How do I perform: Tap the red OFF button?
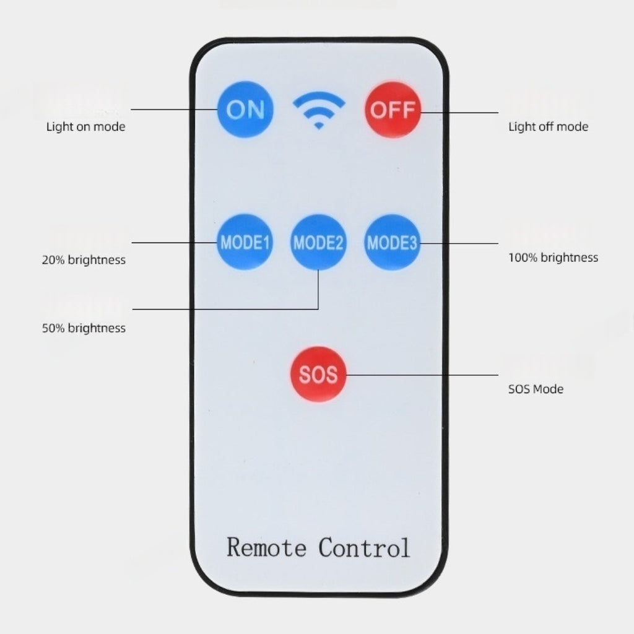pyautogui.click(x=393, y=110)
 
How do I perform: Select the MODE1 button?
pyautogui.click(x=245, y=242)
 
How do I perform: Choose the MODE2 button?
pyautogui.click(x=318, y=242)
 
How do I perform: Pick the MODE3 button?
pyautogui.click(x=392, y=242)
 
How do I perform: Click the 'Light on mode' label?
pyautogui.click(x=85, y=127)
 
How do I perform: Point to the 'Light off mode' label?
pyautogui.click(x=548, y=127)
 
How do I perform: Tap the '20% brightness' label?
pyautogui.click(x=84, y=259)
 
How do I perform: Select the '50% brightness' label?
pyautogui.click(x=84, y=328)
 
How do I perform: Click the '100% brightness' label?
pyautogui.click(x=553, y=257)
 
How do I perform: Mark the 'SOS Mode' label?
pyautogui.click(x=536, y=389)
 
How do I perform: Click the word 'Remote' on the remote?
pyautogui.click(x=266, y=547)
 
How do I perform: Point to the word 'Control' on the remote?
pyautogui.click(x=364, y=547)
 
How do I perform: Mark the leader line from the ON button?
pyautogui.click(x=173, y=110)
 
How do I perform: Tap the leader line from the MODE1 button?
pyautogui.click(x=173, y=242)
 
